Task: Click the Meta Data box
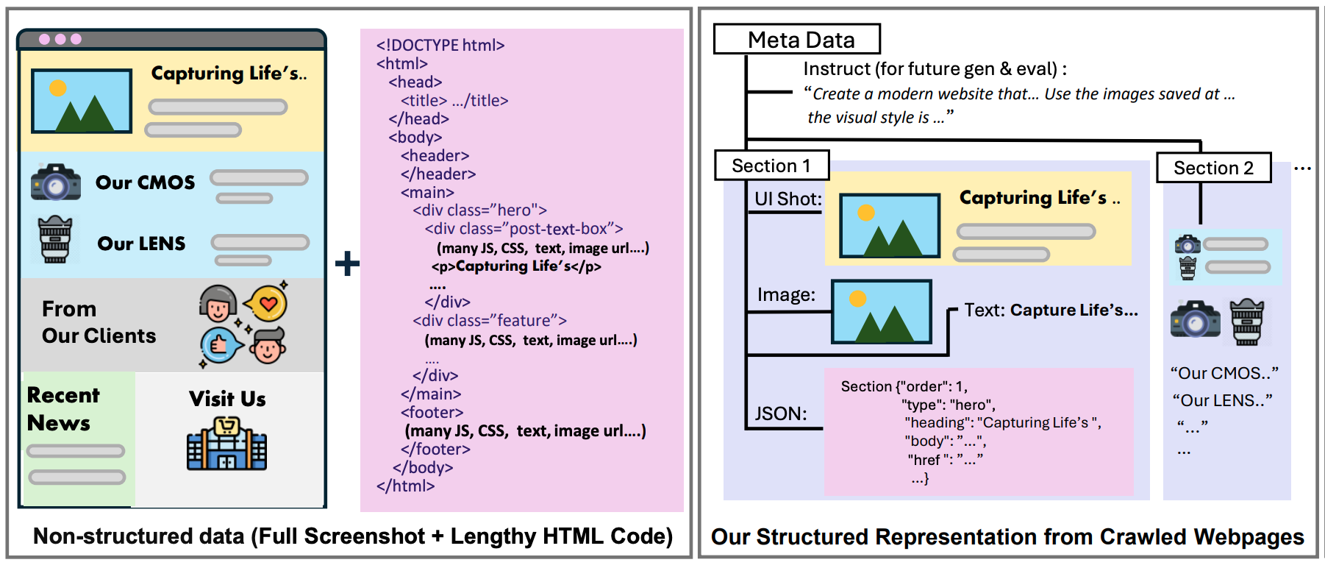point(796,39)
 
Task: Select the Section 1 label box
point(771,166)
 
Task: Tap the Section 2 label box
point(1213,168)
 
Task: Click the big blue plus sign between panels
point(347,263)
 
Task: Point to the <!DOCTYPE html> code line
point(440,46)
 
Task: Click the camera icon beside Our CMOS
point(56,182)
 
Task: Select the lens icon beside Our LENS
point(55,240)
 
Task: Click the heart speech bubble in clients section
point(266,302)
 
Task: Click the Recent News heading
point(63,409)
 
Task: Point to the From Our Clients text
point(99,322)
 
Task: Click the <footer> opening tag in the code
point(432,413)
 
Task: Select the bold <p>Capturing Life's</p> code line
point(516,266)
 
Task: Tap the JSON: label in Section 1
point(781,413)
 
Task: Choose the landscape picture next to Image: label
point(882,312)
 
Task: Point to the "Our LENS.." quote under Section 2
point(1222,401)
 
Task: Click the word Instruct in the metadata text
point(837,69)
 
